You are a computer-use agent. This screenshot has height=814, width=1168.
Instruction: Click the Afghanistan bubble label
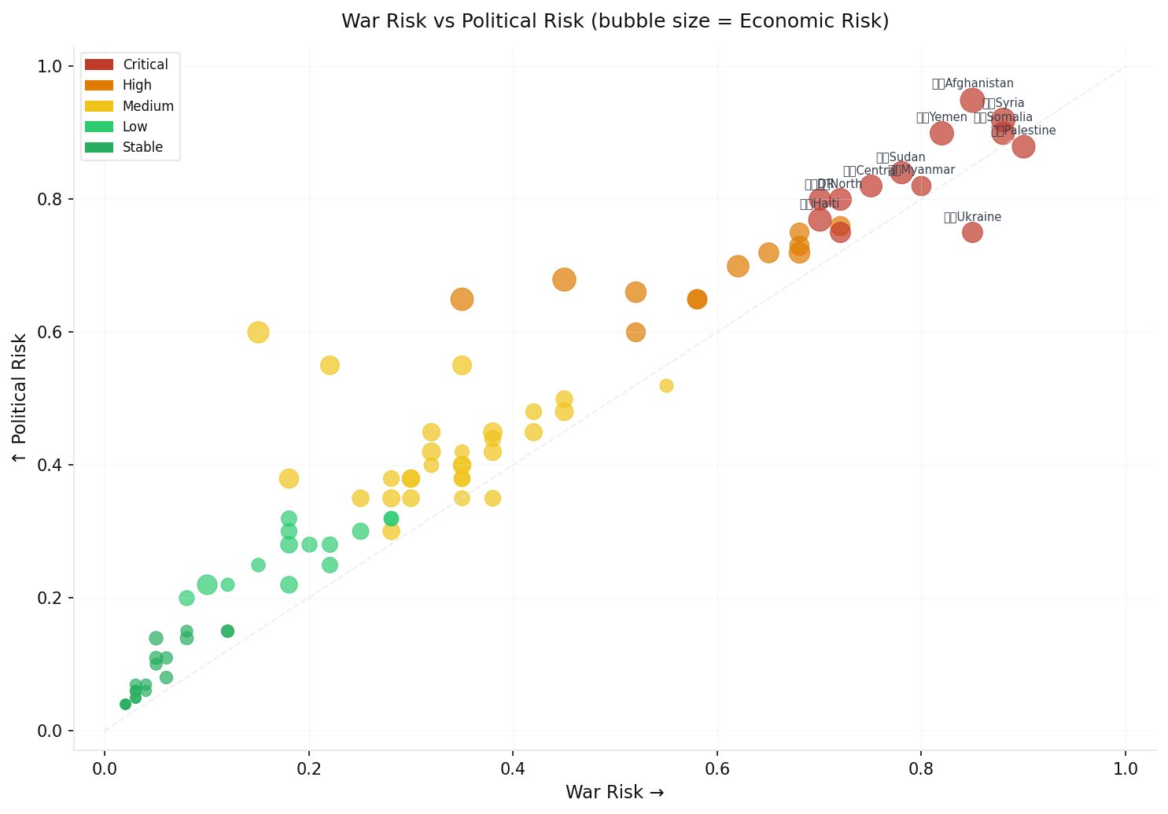972,83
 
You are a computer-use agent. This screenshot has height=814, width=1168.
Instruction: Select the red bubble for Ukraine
972,232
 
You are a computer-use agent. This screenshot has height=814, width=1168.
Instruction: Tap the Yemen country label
941,117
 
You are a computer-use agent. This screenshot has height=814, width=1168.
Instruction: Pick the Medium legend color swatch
99,106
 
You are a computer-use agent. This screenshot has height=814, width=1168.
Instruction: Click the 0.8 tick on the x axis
921,768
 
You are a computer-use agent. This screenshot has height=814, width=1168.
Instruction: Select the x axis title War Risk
614,792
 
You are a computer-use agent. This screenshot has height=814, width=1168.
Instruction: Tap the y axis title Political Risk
20,397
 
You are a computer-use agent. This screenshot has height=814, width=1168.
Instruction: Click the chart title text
615,21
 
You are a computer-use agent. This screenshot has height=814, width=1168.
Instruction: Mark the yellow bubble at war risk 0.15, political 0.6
258,332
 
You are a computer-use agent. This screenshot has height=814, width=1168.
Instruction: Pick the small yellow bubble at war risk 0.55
666,385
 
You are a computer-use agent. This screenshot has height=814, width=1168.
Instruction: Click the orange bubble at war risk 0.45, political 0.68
564,279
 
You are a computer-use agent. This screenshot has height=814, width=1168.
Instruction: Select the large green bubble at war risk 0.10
207,584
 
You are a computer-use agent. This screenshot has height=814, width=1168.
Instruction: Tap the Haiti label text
820,204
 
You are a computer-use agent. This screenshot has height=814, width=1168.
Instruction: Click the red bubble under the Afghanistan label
972,100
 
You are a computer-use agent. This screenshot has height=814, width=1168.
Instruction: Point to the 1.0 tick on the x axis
1126,768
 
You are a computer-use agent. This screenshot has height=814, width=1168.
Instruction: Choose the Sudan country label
901,157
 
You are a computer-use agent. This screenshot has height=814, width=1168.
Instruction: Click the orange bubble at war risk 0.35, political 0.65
462,299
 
